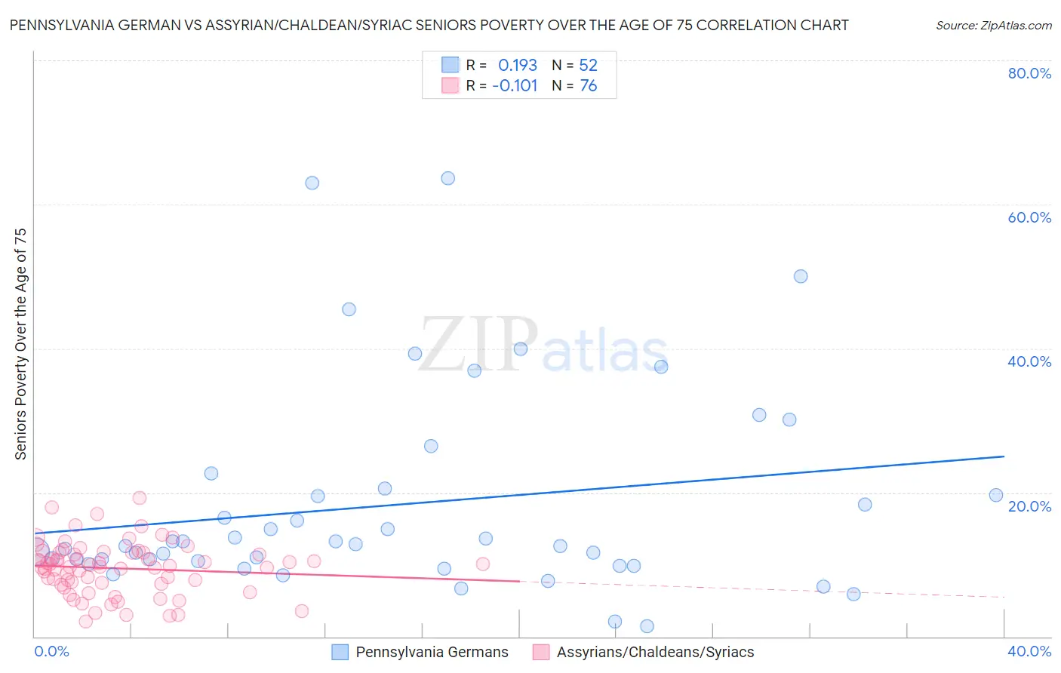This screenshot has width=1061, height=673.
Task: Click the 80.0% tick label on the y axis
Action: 1029,73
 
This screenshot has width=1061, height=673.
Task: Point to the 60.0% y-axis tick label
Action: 1029,217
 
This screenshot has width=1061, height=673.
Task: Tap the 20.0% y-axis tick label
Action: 1029,506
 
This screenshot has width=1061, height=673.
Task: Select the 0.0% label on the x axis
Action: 51,651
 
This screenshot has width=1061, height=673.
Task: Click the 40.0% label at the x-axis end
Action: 1029,651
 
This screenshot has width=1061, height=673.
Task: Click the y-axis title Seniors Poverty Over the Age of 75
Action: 20,343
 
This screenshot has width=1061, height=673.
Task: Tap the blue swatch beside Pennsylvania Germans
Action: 340,652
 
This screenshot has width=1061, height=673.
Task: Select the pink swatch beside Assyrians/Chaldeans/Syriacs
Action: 541,652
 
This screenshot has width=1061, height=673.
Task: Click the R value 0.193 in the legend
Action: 517,65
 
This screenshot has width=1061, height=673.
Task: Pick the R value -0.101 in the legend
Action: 515,86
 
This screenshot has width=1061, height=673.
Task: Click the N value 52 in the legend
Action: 588,65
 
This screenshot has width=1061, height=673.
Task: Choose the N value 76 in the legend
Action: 588,86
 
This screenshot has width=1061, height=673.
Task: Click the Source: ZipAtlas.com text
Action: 993,26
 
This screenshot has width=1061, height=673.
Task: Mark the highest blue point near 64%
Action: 447,179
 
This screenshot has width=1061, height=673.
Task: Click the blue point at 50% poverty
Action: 801,276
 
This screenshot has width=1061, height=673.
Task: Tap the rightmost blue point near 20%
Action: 996,495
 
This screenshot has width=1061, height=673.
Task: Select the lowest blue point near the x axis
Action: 647,626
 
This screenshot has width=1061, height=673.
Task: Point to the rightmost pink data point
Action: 483,564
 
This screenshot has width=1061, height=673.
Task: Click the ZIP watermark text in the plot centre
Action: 478,345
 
